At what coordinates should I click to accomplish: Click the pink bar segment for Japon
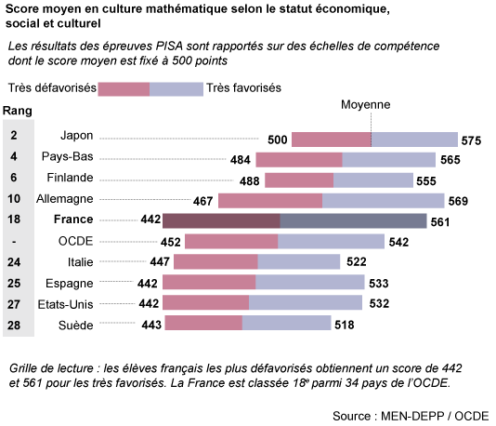click(331, 140)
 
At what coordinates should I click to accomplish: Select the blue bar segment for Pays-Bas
click(388, 160)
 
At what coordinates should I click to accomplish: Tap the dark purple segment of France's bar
click(221, 220)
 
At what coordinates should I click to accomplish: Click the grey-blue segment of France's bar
click(353, 220)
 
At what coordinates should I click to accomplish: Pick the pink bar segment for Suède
click(208, 323)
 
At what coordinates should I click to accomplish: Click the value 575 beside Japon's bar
click(471, 140)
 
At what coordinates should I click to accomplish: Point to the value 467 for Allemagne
click(203, 201)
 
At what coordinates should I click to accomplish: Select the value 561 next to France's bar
click(440, 221)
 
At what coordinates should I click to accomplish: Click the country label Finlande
click(69, 178)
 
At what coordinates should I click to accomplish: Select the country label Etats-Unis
click(64, 303)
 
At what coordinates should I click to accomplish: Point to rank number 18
click(15, 220)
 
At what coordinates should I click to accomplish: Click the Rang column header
click(19, 111)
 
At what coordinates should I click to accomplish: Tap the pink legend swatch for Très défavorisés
click(124, 88)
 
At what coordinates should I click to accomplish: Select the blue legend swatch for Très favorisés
click(176, 88)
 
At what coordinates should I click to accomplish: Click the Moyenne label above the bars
click(366, 105)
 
